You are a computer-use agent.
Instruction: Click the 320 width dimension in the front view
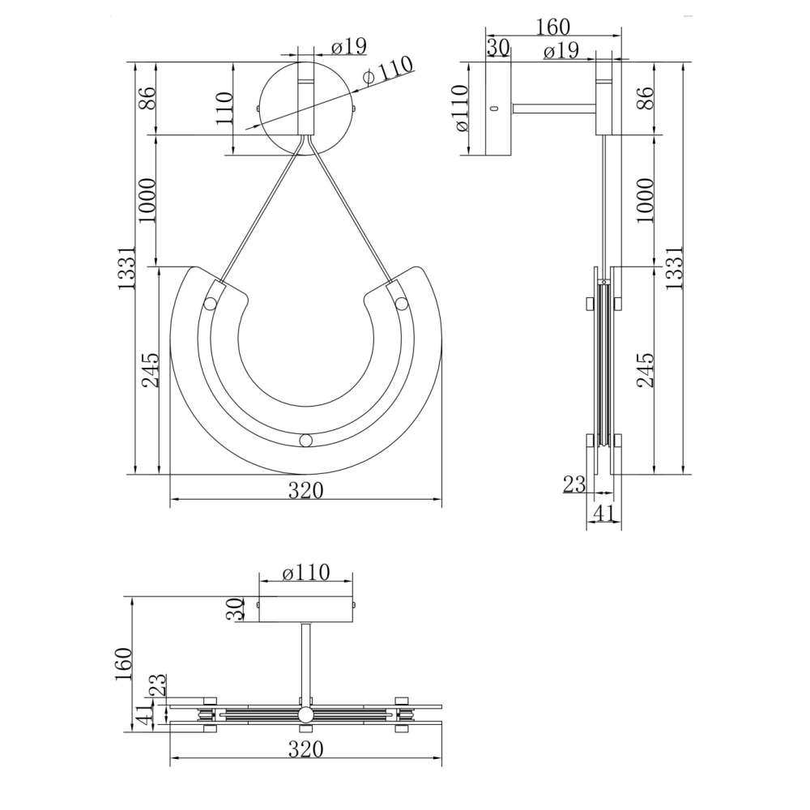pos(305,490)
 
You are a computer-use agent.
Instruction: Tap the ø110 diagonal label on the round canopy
pos(388,70)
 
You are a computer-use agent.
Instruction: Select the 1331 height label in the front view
pos(126,267)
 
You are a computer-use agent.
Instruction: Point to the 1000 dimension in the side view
pos(645,200)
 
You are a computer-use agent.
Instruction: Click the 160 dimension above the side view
pos(552,27)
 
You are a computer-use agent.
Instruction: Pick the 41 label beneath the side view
pos(604,514)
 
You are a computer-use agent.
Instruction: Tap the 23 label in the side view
pos(574,484)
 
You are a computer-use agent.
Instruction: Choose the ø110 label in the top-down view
pos(306,573)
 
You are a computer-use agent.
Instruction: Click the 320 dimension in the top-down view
pos(305,749)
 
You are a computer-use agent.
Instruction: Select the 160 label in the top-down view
pos(124,664)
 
